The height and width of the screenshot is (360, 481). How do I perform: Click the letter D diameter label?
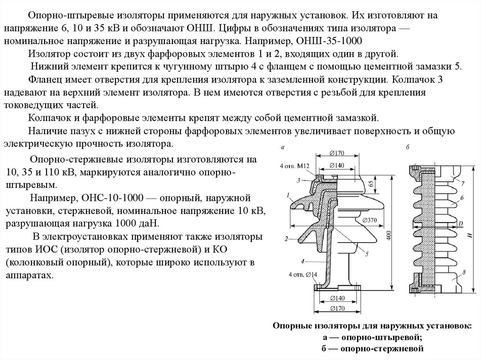point(462,222)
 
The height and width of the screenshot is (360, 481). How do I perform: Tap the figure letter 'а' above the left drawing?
point(283,147)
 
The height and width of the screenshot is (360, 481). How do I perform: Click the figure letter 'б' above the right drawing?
point(408,147)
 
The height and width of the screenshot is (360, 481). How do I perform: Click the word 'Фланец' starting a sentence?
point(43,79)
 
